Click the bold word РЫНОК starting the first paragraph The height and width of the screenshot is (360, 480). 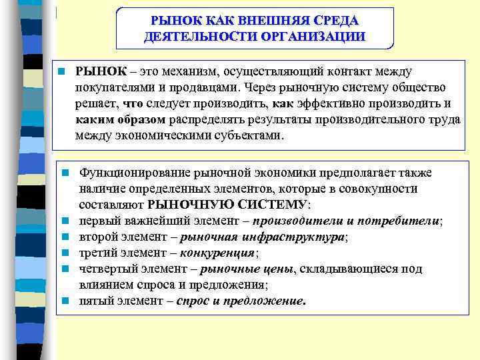[x=99, y=71]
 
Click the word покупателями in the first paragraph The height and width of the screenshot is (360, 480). [x=113, y=87]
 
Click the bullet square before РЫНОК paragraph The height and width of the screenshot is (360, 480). [x=61, y=71]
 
